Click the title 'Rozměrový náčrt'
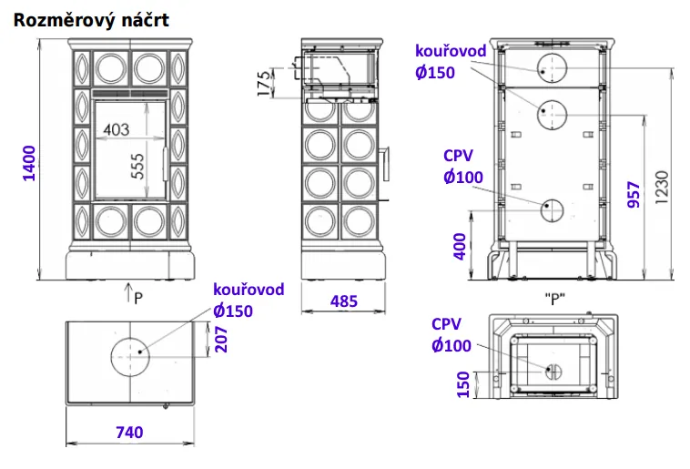pyautogui.click(x=90, y=19)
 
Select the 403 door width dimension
pyautogui.click(x=117, y=129)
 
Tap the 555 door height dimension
pyautogui.click(x=138, y=164)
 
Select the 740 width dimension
pyautogui.click(x=130, y=433)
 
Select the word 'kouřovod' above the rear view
pyautogui.click(x=450, y=51)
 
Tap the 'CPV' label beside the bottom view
pyautogui.click(x=447, y=324)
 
